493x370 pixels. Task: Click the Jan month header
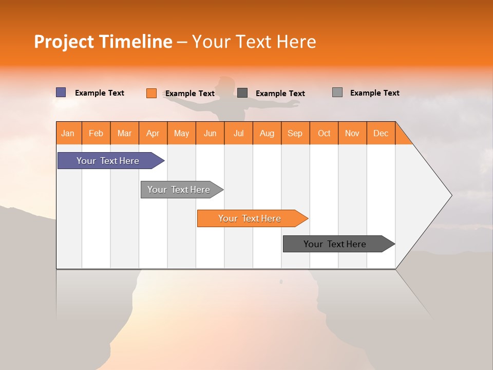68,133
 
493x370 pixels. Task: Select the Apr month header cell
153,133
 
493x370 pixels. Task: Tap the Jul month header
238,133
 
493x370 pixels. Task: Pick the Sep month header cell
295,133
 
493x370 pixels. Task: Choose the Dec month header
381,133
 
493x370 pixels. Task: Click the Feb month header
96,133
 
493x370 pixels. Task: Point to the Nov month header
352,133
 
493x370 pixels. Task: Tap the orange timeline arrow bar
250,218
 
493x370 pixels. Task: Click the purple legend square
61,92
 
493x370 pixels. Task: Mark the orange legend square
151,93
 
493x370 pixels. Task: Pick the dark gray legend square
242,93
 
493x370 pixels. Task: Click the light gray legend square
337,92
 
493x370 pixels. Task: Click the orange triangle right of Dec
402,136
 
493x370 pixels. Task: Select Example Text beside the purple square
100,93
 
